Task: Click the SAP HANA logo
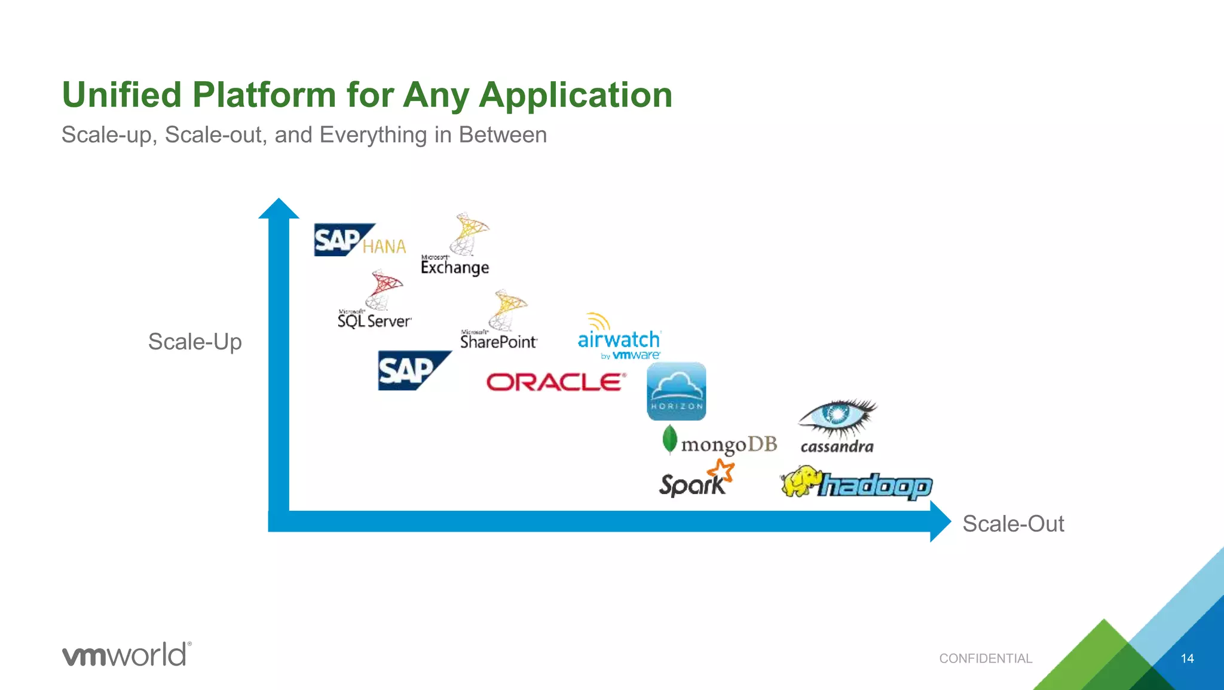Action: click(359, 240)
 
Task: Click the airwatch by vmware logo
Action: click(619, 338)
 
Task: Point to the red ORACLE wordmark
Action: click(556, 382)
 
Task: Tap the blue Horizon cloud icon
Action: click(677, 391)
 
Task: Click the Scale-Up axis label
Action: click(195, 342)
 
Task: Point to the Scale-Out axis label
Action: click(1013, 524)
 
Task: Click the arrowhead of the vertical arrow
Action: click(279, 209)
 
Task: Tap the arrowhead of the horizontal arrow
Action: click(940, 522)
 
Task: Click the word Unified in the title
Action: click(121, 95)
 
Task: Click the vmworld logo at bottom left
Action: click(127, 655)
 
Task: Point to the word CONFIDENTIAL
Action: click(986, 658)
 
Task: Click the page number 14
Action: click(1187, 658)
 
